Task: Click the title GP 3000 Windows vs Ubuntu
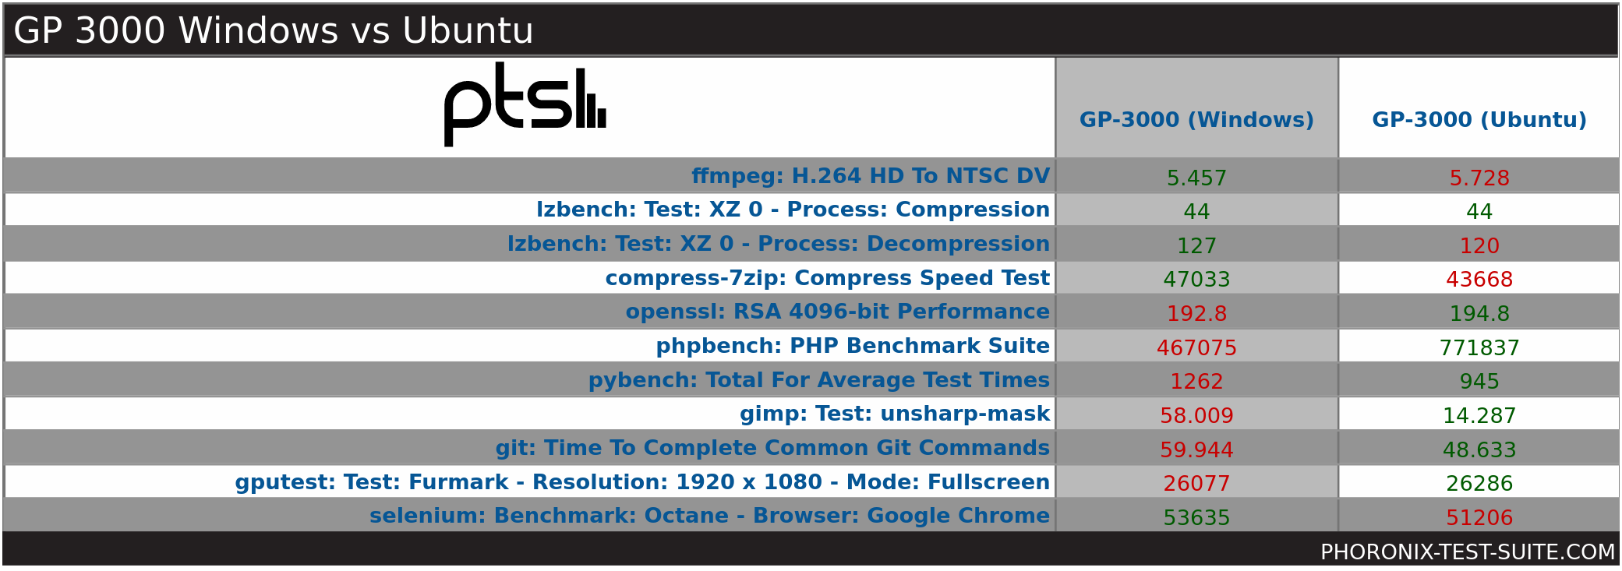(x=274, y=31)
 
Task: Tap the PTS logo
(x=525, y=104)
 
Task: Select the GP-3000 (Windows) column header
(x=1196, y=120)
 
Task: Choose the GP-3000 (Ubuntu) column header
(x=1479, y=120)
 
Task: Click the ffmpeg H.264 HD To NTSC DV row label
(x=871, y=176)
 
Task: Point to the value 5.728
(x=1479, y=178)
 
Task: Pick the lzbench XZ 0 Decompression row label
(x=779, y=244)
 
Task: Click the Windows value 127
(x=1196, y=246)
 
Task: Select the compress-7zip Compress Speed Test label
(x=828, y=278)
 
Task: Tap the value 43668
(x=1479, y=280)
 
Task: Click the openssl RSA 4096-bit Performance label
(x=838, y=312)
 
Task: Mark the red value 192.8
(x=1196, y=314)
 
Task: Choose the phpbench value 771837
(x=1479, y=348)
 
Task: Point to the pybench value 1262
(x=1196, y=382)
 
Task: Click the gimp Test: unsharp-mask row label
(x=895, y=414)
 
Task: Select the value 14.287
(x=1479, y=416)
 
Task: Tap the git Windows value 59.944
(x=1196, y=450)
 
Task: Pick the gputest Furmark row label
(x=643, y=482)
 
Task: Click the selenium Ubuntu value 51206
(x=1479, y=518)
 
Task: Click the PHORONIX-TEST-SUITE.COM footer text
(x=1468, y=552)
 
